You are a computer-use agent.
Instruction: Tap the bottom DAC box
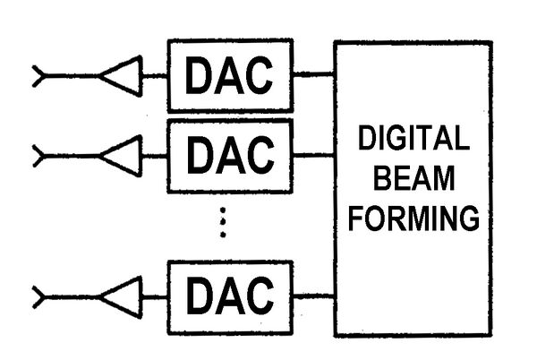pyautogui.click(x=230, y=294)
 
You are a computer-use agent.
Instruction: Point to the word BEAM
pyautogui.click(x=413, y=178)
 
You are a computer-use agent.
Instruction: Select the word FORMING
pyautogui.click(x=413, y=218)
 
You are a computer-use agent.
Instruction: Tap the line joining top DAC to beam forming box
pyautogui.click(x=313, y=76)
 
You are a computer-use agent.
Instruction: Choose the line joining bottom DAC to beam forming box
pyautogui.click(x=313, y=295)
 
